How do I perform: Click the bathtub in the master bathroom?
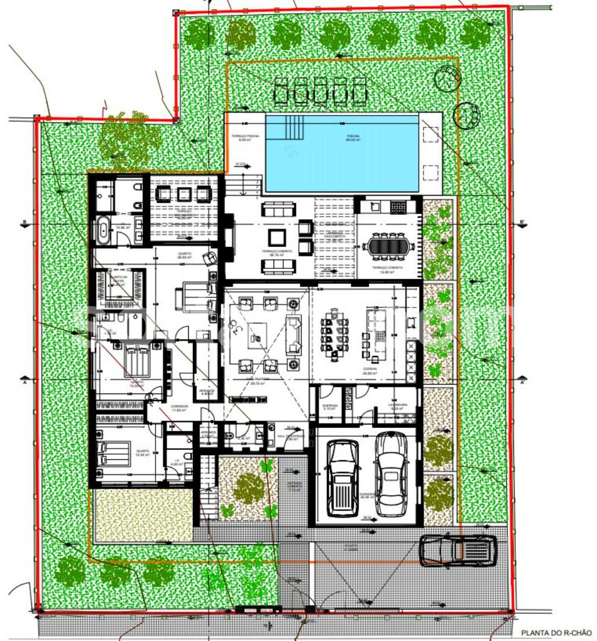[103, 230]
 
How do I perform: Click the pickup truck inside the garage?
[343, 478]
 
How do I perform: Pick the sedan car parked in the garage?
[391, 473]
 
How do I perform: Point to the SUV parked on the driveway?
[458, 551]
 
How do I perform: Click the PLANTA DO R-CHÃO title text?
[556, 633]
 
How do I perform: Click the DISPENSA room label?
[330, 406]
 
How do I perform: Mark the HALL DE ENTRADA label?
[291, 436]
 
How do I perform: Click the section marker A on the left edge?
[24, 377]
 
